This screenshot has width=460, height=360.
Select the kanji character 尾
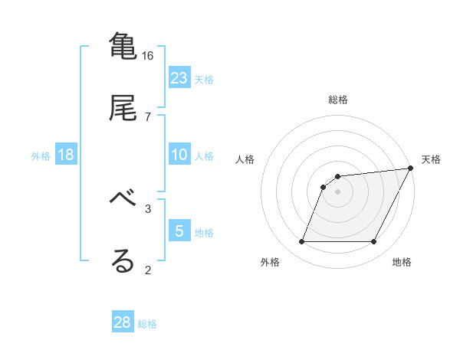(x=123, y=107)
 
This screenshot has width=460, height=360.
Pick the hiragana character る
(x=123, y=260)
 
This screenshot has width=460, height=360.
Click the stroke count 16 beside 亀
(x=148, y=56)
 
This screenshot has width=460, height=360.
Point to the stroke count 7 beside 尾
(x=148, y=116)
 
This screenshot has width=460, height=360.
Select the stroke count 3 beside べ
(x=148, y=208)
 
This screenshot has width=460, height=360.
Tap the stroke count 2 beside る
(x=148, y=270)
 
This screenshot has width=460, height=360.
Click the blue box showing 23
(x=179, y=77)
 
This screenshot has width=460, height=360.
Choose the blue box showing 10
(x=179, y=155)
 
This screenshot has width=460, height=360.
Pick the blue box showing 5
(x=179, y=231)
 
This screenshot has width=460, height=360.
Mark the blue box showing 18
(x=66, y=155)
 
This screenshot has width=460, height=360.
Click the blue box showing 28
(x=123, y=322)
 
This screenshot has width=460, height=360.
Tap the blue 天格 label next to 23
(x=204, y=79)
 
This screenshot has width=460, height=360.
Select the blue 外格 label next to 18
(x=41, y=156)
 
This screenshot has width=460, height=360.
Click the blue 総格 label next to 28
(x=147, y=324)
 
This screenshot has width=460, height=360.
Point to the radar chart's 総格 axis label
(x=338, y=100)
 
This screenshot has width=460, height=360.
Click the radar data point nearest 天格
(x=411, y=169)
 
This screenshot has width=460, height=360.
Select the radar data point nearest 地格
(x=374, y=242)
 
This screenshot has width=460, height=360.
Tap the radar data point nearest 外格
(x=301, y=242)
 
